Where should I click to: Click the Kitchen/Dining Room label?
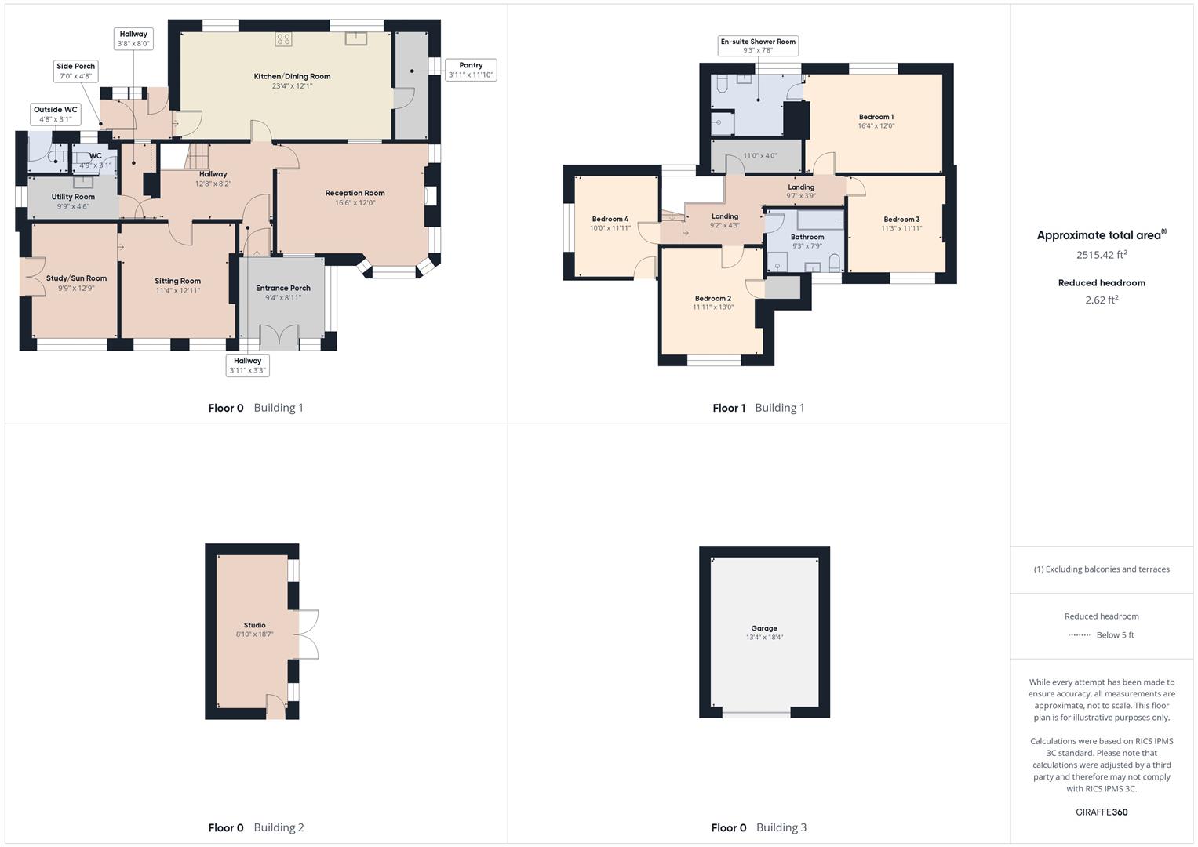292,76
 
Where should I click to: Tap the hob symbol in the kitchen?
283,39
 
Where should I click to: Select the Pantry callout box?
471,70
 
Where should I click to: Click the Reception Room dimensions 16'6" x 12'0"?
355,202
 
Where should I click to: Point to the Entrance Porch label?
283,288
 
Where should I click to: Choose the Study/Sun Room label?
76,278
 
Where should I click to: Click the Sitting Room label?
177,281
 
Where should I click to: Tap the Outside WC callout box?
56,115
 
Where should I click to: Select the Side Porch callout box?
75,71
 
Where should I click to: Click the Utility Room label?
73,197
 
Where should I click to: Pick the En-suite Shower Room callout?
758,45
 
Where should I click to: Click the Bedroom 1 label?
876,117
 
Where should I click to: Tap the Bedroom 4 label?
610,219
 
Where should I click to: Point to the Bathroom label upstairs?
807,237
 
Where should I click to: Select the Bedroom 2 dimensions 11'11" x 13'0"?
712,307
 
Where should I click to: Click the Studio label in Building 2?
254,625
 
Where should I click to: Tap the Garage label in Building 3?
763,628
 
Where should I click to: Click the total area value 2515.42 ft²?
1101,255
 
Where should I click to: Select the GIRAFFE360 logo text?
1101,812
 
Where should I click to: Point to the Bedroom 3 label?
901,220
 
